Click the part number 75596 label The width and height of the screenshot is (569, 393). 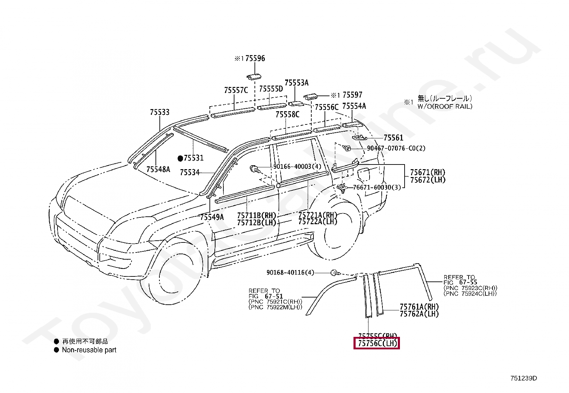[255, 58]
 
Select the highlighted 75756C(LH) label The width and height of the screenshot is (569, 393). [377, 344]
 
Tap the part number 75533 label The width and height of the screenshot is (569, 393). [159, 112]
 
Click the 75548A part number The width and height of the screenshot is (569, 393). [158, 169]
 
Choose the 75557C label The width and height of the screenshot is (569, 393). [236, 90]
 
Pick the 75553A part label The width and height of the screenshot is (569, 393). [296, 83]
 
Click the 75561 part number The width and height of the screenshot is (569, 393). [393, 138]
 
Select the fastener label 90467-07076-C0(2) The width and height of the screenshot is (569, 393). [396, 148]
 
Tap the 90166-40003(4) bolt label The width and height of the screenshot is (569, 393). [297, 167]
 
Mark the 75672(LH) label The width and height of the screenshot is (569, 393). [428, 180]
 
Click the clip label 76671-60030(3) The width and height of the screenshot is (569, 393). [377, 187]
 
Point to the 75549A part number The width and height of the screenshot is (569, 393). [212, 217]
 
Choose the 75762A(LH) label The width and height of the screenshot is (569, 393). [419, 314]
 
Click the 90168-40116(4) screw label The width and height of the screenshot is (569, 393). [290, 272]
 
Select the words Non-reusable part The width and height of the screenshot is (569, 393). [89, 350]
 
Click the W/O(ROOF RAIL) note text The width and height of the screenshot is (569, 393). [445, 106]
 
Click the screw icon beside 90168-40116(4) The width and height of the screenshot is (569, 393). [335, 273]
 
